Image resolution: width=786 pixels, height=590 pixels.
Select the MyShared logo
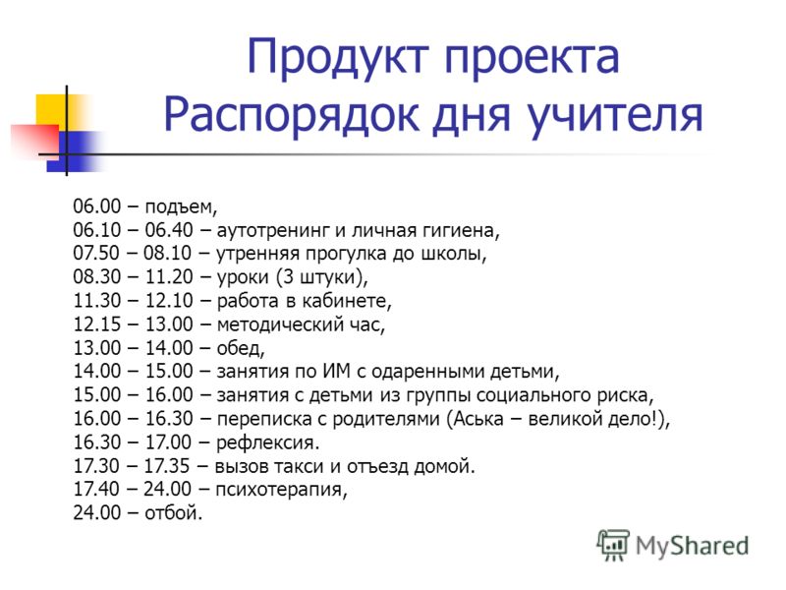pyautogui.click(x=673, y=546)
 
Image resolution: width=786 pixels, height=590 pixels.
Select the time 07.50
pyautogui.click(x=96, y=253)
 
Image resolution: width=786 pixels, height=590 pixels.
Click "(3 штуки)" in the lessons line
pyautogui.click(x=321, y=277)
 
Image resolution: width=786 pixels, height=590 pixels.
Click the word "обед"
pyautogui.click(x=240, y=348)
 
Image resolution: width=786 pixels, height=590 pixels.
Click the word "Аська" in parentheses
pyautogui.click(x=478, y=419)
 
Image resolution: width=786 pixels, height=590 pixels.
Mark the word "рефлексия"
pyautogui.click(x=267, y=442)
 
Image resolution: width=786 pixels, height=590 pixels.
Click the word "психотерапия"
pyautogui.click(x=281, y=489)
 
